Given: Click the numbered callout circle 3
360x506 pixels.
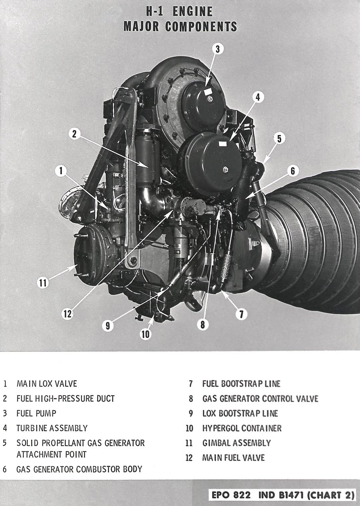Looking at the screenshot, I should (217, 49).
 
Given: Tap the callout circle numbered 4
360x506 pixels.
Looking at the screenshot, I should (258, 97).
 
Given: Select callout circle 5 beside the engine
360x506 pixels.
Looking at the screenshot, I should (279, 139).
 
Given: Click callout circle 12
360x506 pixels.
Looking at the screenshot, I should (68, 313).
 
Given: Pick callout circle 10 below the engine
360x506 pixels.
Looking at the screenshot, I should (145, 334).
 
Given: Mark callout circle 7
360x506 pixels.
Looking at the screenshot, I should (241, 314).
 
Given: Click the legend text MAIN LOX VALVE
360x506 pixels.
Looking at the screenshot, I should (47, 383).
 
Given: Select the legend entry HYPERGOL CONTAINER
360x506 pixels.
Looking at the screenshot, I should (242, 428).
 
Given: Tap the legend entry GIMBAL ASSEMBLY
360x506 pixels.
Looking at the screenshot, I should (236, 443).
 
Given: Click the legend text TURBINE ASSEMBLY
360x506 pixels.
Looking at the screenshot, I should (52, 428).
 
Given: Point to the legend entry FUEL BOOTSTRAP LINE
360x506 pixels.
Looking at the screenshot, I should (241, 383).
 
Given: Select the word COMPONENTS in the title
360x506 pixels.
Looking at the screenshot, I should (201, 26).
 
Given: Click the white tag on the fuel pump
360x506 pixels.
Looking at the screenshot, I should (208, 92).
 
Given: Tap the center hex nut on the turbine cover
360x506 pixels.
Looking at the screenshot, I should (225, 170).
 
